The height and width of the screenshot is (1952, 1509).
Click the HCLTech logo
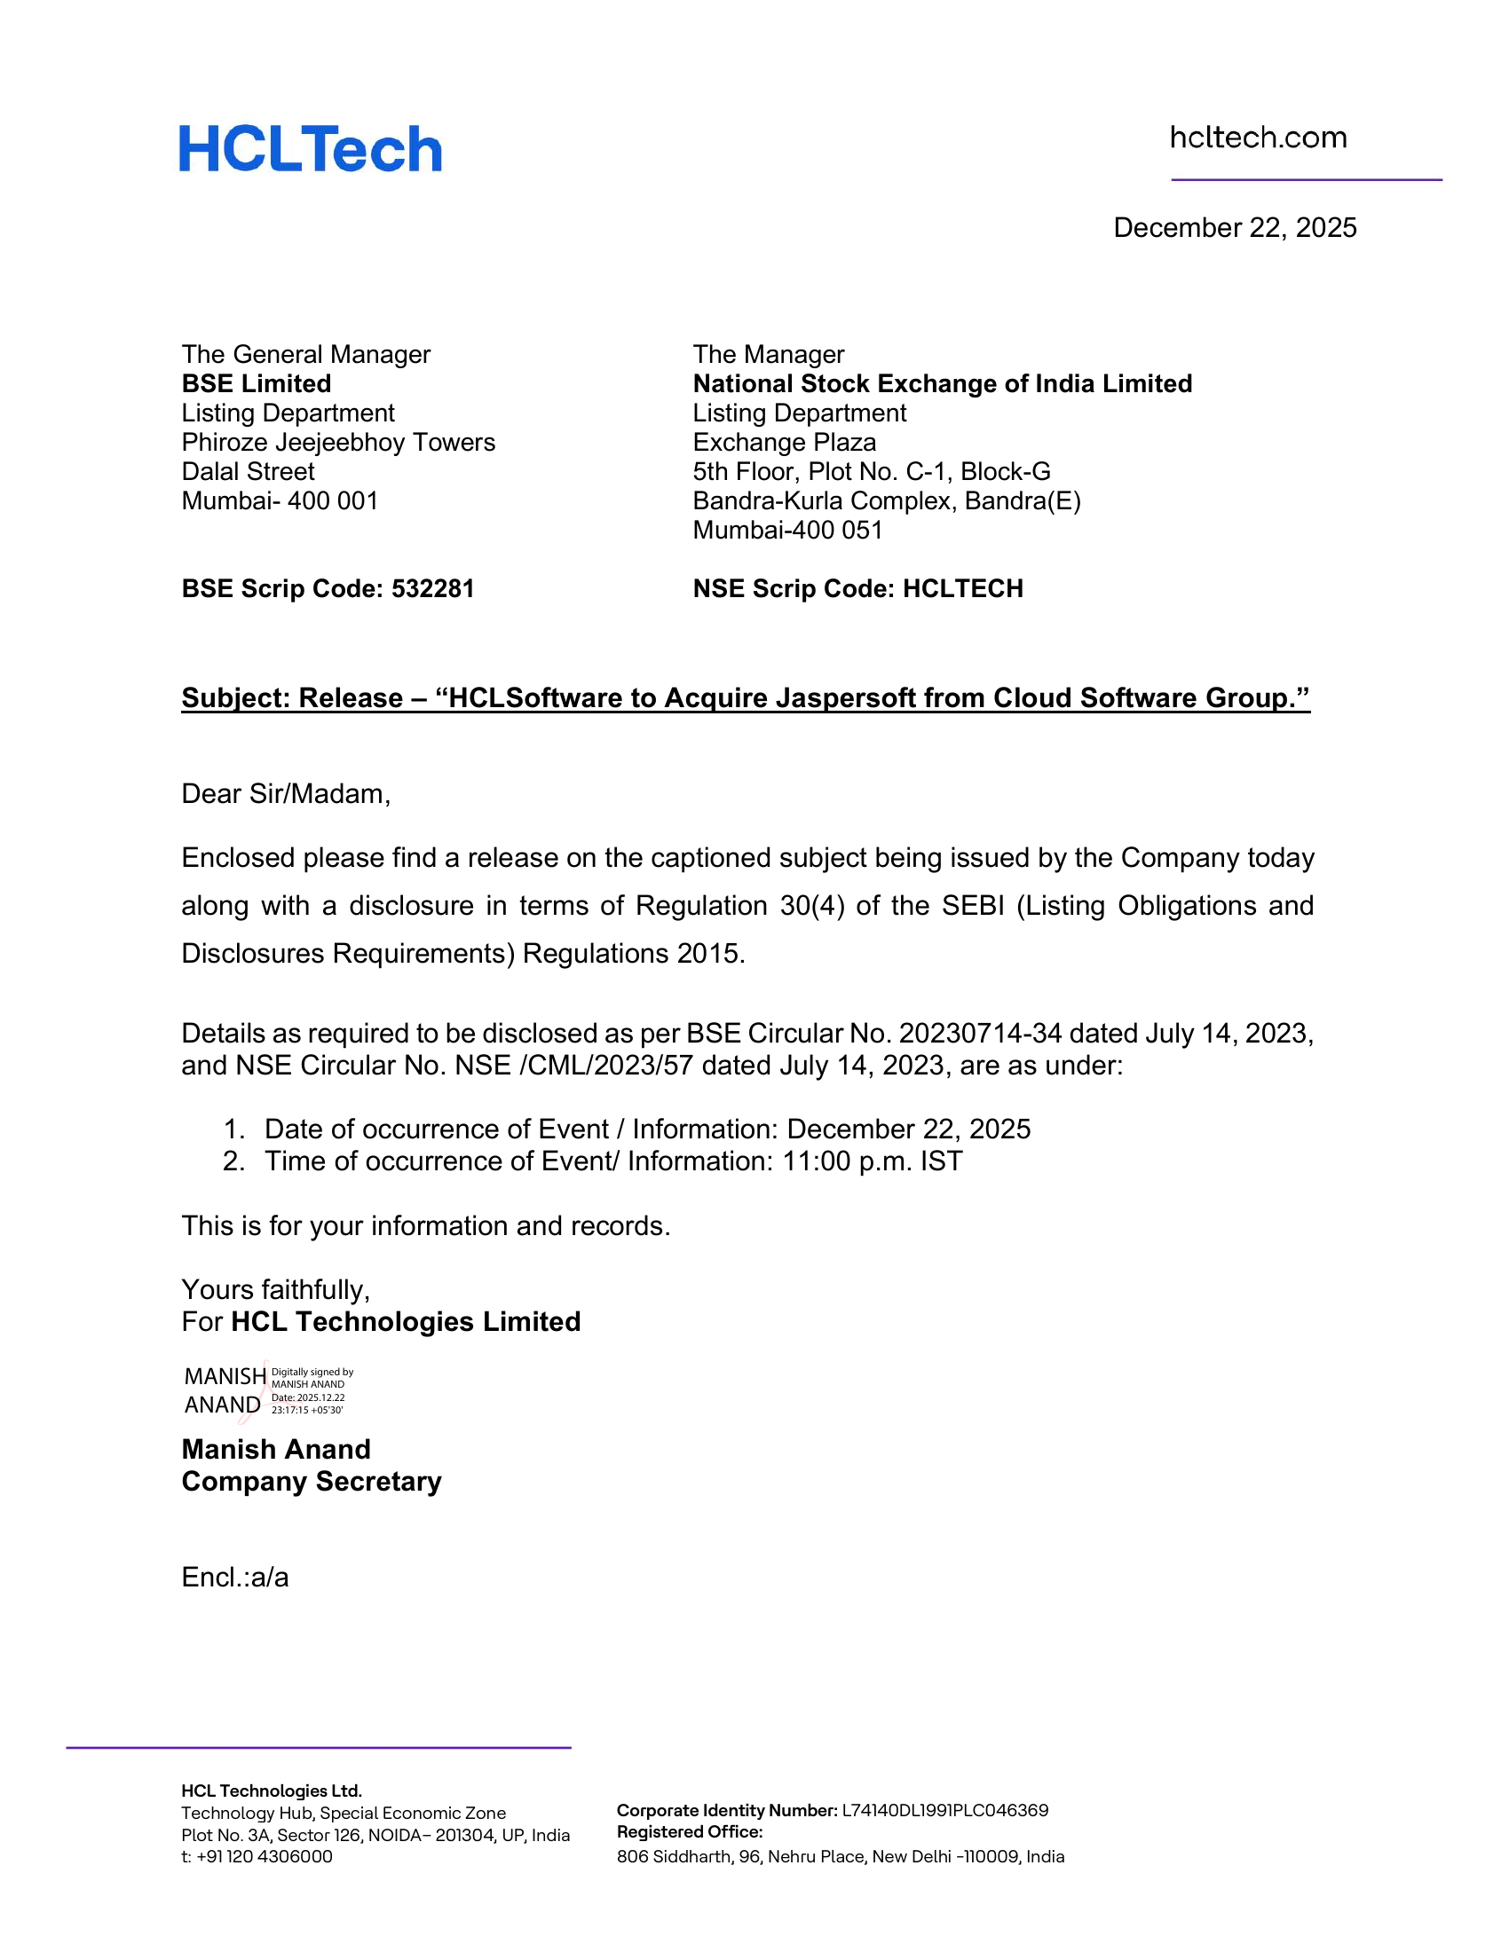point(310,148)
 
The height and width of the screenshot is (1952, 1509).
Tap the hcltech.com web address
point(1258,138)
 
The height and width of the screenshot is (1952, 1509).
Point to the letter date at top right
point(1235,228)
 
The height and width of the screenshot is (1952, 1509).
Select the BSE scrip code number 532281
point(432,589)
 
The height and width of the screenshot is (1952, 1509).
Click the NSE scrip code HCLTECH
point(963,589)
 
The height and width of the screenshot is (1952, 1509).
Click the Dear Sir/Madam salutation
point(286,794)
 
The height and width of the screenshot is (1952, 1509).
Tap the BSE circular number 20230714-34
point(980,1033)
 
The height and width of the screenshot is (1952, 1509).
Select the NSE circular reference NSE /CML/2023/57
point(574,1066)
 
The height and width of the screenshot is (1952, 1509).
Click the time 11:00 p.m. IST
point(873,1161)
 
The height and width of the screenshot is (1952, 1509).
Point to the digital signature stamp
point(268,1390)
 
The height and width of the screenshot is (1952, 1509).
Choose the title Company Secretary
point(311,1481)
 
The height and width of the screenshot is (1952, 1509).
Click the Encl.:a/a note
point(235,1578)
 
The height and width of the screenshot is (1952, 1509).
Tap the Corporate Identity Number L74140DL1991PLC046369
point(945,1811)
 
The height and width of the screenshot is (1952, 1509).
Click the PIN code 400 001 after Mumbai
point(333,500)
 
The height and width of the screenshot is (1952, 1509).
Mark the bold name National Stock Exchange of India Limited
point(942,384)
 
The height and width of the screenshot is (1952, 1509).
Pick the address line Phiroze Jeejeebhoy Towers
point(338,443)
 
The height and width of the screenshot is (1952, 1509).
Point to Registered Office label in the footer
point(689,1832)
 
